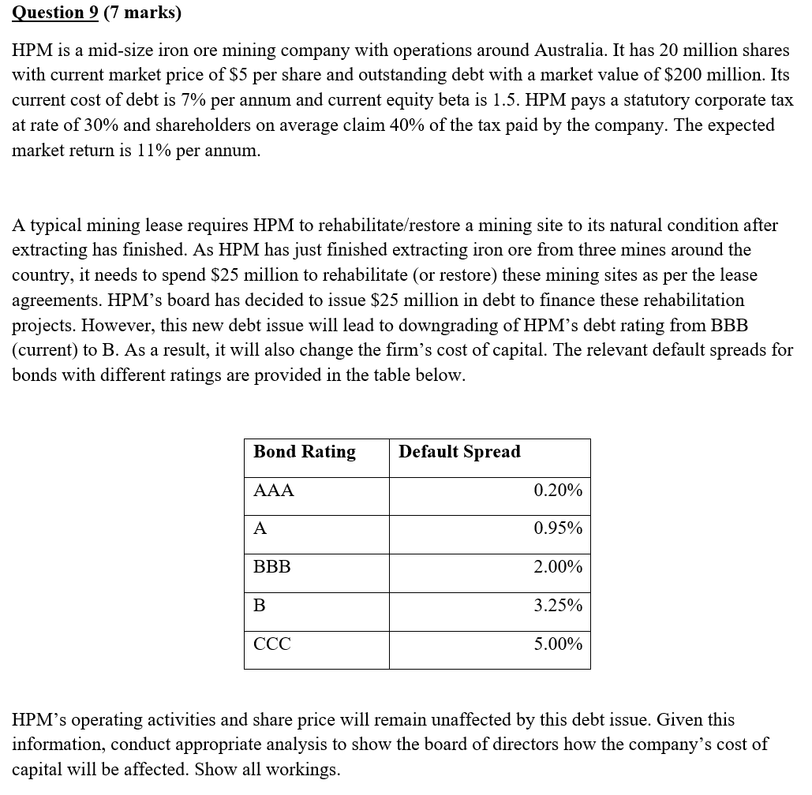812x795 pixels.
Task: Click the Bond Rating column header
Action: pos(305,452)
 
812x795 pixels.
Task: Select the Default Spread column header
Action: pos(459,452)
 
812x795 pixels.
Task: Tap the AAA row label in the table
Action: pos(274,491)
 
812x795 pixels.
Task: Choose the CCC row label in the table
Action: pos(272,644)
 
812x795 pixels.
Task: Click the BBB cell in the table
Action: pos(272,567)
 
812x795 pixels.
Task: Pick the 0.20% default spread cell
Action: pos(558,491)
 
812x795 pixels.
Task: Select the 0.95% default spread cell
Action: pos(558,528)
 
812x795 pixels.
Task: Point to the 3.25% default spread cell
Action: pos(558,606)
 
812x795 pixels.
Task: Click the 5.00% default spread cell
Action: pos(558,644)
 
